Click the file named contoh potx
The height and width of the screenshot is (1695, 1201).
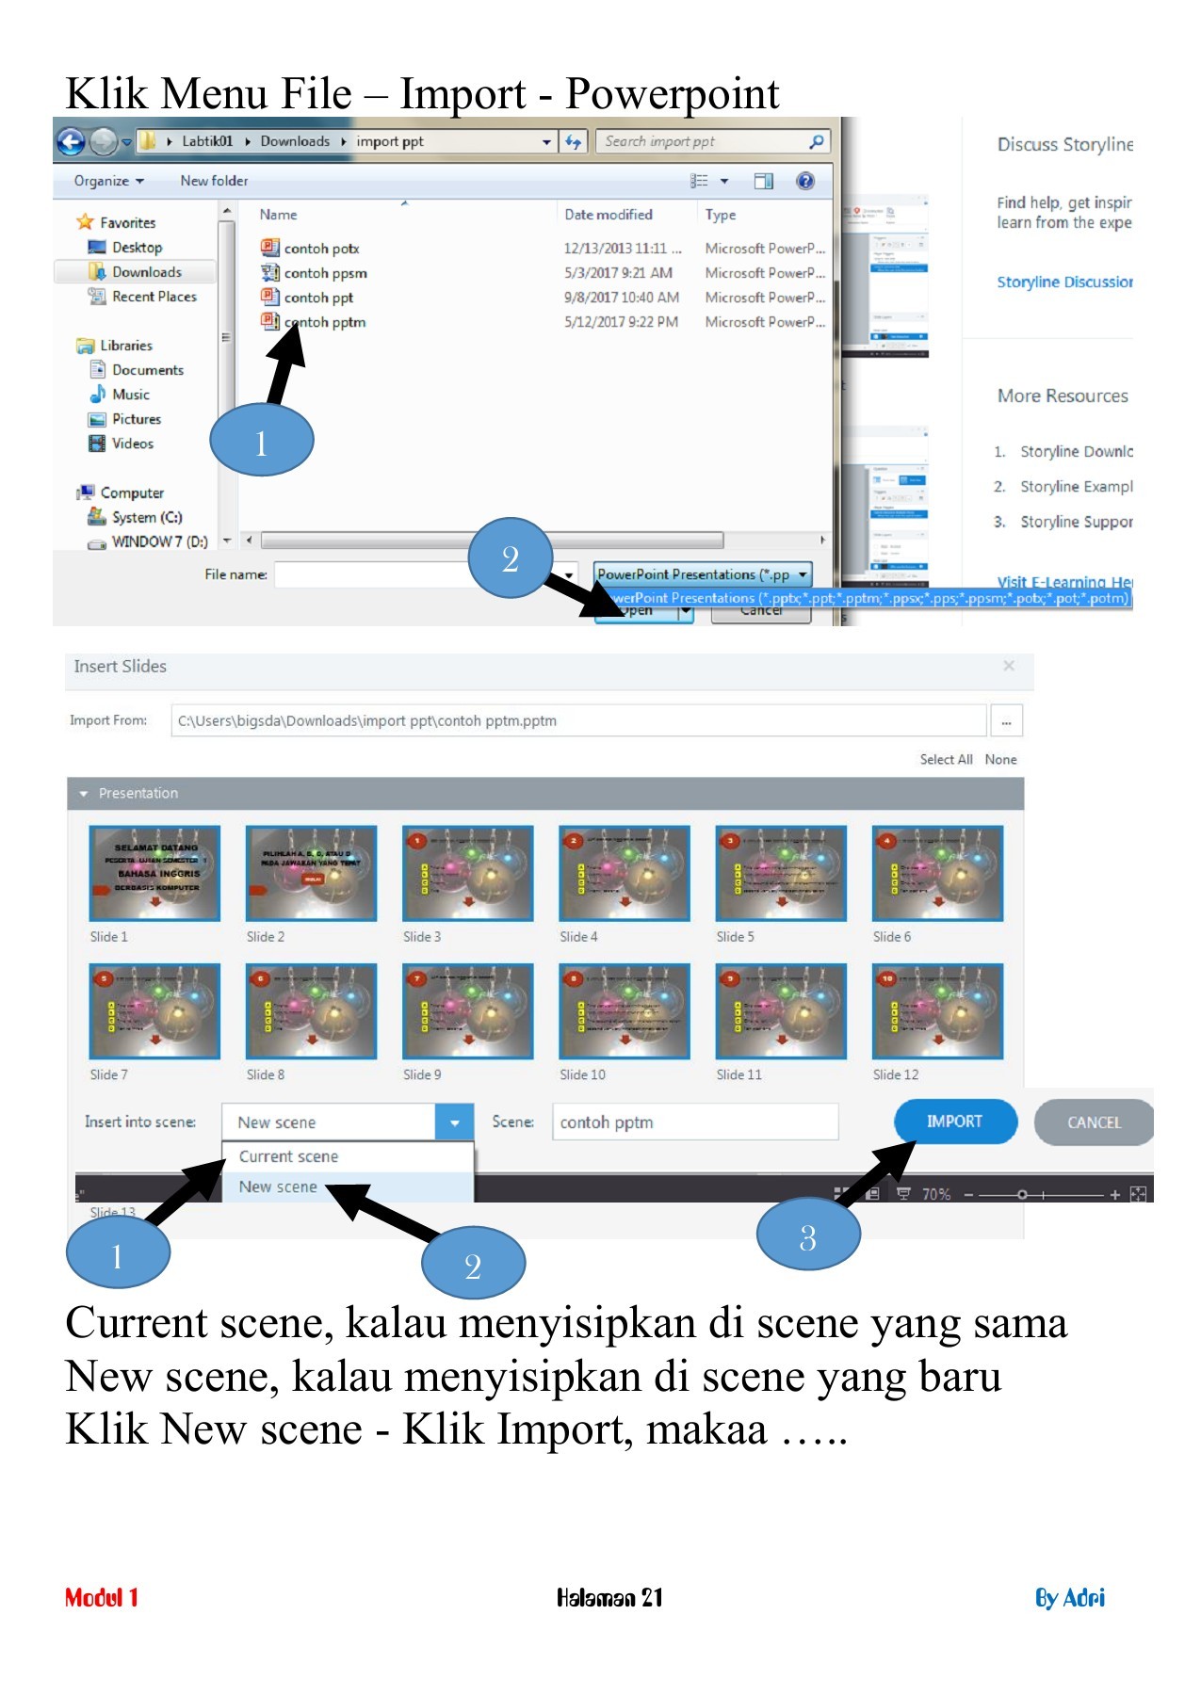pyautogui.click(x=321, y=249)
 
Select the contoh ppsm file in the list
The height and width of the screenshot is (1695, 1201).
pyautogui.click(x=325, y=273)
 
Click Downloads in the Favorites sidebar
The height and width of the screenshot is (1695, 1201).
pyautogui.click(x=146, y=272)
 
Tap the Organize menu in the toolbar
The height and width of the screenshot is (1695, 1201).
pyautogui.click(x=108, y=181)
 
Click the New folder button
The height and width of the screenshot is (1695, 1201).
pyautogui.click(x=214, y=181)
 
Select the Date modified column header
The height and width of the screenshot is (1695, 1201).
pyautogui.click(x=608, y=215)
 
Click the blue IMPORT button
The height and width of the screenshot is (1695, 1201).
pyautogui.click(x=954, y=1122)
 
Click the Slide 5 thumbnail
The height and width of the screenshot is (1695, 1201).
pyautogui.click(x=780, y=874)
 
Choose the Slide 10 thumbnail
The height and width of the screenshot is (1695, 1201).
pyautogui.click(x=624, y=1011)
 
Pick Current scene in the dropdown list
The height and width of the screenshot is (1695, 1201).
pyautogui.click(x=288, y=1156)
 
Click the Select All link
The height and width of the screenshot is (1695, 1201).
pyautogui.click(x=945, y=760)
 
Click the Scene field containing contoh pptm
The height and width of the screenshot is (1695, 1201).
pyautogui.click(x=693, y=1122)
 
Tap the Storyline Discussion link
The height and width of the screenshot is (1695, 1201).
pyautogui.click(x=1063, y=282)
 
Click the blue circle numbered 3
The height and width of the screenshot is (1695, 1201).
pyautogui.click(x=807, y=1237)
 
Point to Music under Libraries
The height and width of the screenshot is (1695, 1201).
pyautogui.click(x=130, y=395)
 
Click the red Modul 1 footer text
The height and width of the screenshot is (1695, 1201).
pyautogui.click(x=102, y=1598)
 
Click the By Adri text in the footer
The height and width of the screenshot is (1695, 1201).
pyautogui.click(x=1069, y=1598)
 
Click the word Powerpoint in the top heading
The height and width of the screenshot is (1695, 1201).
pyautogui.click(x=672, y=94)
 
